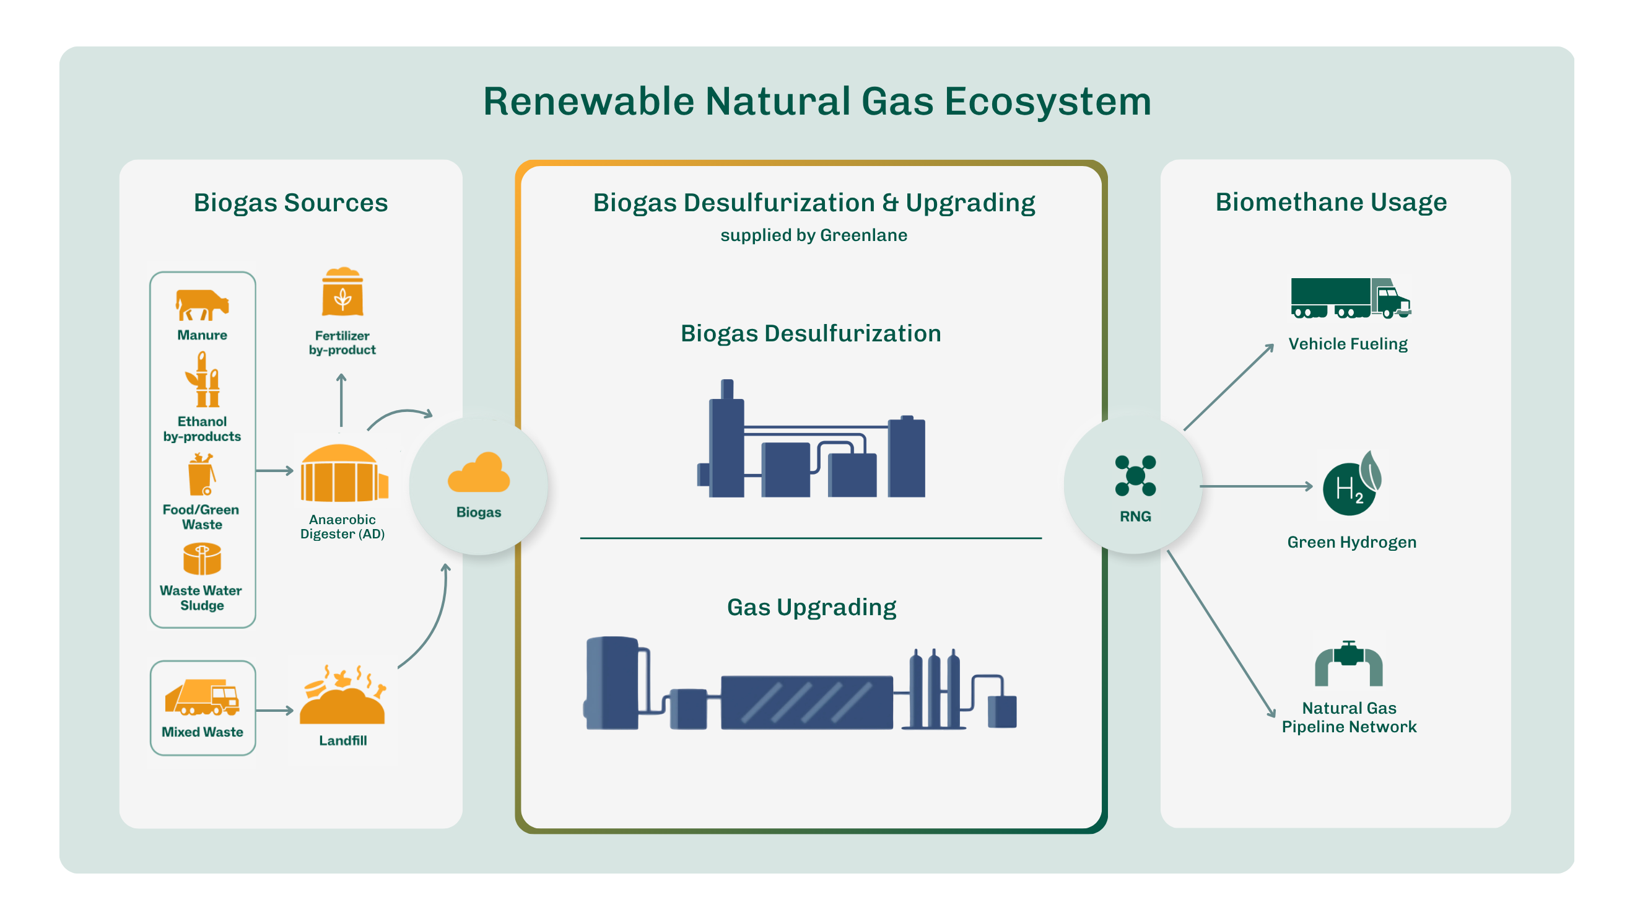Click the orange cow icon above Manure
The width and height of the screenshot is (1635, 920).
pos(202,305)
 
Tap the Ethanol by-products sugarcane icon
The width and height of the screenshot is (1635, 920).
pos(203,380)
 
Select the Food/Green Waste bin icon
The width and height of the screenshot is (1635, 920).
pos(202,474)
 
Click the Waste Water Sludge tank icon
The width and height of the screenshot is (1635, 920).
pos(202,559)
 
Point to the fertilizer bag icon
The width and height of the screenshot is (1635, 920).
pos(342,291)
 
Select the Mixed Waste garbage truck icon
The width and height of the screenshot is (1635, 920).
pos(202,697)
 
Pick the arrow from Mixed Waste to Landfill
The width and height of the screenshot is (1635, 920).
pos(275,711)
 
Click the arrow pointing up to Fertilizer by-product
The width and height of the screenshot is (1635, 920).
pos(341,400)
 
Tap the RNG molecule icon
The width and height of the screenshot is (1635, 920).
pos(1135,476)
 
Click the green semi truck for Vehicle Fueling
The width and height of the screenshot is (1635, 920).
pos(1350,298)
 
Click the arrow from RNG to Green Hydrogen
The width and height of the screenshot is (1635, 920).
pos(1256,486)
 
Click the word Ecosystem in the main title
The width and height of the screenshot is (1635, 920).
pos(1048,102)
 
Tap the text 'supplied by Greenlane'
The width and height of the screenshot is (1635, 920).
pos(814,235)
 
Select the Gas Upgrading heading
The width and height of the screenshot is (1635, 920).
pos(811,608)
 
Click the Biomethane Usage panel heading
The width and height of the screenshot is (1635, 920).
pos(1331,202)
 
